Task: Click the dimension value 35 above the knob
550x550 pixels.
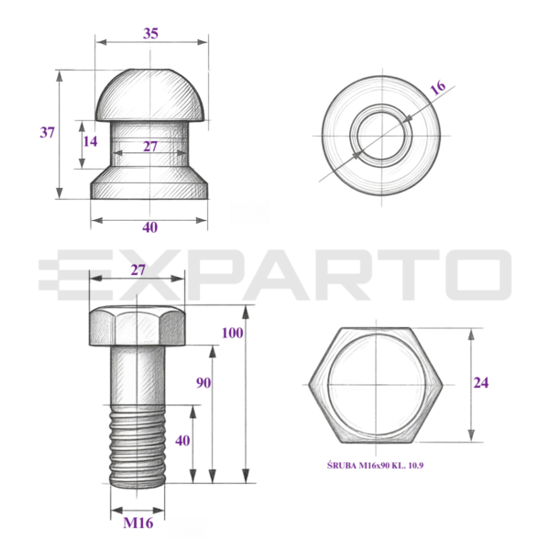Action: coord(150,33)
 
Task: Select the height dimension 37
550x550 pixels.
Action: coord(47,133)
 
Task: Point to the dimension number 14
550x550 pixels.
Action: coord(90,141)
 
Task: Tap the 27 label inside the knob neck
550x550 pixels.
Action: coord(150,147)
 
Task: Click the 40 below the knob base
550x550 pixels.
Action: coord(149,227)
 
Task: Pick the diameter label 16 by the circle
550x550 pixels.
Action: coord(438,88)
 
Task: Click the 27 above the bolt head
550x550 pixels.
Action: coord(137,270)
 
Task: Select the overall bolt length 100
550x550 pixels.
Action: coord(232,333)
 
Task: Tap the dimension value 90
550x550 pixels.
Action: coord(203,382)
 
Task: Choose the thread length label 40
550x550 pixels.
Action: coord(182,441)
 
